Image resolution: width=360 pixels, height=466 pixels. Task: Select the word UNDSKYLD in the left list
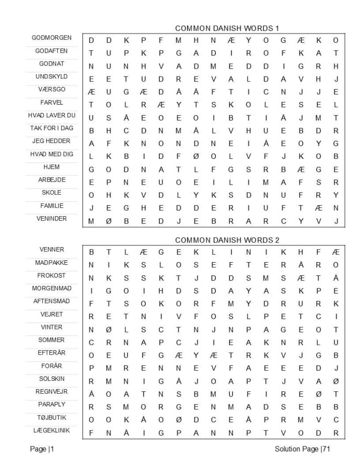[51, 76]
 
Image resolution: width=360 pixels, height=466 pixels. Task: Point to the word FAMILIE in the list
[51, 206]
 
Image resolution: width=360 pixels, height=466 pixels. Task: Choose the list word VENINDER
[51, 218]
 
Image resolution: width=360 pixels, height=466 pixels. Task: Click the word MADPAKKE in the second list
[51, 263]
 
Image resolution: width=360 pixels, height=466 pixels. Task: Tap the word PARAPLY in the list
[51, 404]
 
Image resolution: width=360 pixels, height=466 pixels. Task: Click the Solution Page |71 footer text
[303, 450]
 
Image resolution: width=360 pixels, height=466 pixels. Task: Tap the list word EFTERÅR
[51, 353]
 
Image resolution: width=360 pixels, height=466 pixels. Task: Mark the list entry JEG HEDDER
[51, 141]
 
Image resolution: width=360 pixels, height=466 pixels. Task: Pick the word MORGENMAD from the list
[51, 289]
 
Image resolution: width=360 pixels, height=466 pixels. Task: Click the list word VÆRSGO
[51, 89]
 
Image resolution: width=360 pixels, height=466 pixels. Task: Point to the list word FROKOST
[51, 276]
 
